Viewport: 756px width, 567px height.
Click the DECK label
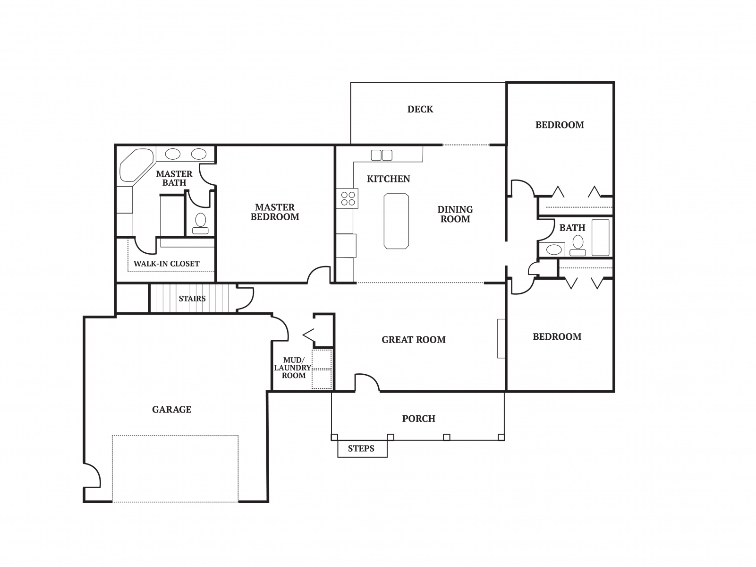420,109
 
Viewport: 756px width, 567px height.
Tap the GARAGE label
171,409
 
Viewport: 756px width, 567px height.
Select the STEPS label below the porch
361,448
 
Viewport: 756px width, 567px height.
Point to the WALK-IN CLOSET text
166,264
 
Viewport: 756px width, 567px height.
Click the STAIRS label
192,298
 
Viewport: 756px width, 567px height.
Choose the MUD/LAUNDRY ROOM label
293,368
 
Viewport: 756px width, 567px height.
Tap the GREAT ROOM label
413,340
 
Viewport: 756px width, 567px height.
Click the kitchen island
396,221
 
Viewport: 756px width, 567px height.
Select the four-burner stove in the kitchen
347,198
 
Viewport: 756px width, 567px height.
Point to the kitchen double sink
381,155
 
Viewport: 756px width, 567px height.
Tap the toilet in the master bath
200,224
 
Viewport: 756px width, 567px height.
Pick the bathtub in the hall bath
600,237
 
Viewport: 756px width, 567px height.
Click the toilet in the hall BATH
578,246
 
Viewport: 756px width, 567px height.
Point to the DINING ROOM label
455,214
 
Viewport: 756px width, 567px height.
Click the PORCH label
418,419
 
